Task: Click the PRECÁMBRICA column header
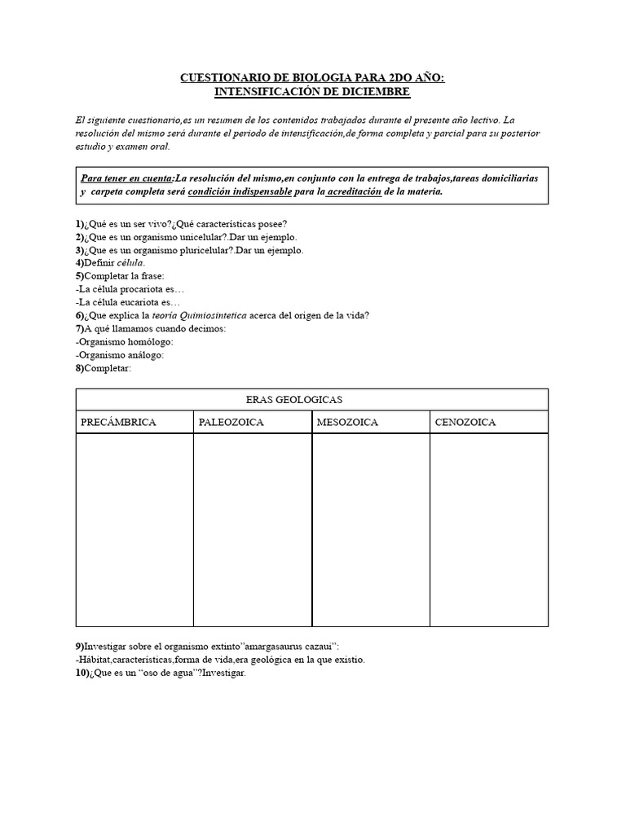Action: (118, 422)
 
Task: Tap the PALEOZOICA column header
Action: (231, 422)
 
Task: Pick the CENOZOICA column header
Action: (465, 422)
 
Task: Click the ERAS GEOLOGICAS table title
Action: (293, 400)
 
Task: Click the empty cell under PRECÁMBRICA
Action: (134, 529)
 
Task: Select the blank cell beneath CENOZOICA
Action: (489, 529)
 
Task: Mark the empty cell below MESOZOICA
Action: (371, 529)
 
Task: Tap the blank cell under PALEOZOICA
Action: (253, 529)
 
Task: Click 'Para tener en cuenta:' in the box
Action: (127, 178)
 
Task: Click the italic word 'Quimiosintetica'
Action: (230, 315)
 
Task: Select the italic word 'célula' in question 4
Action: (131, 263)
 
